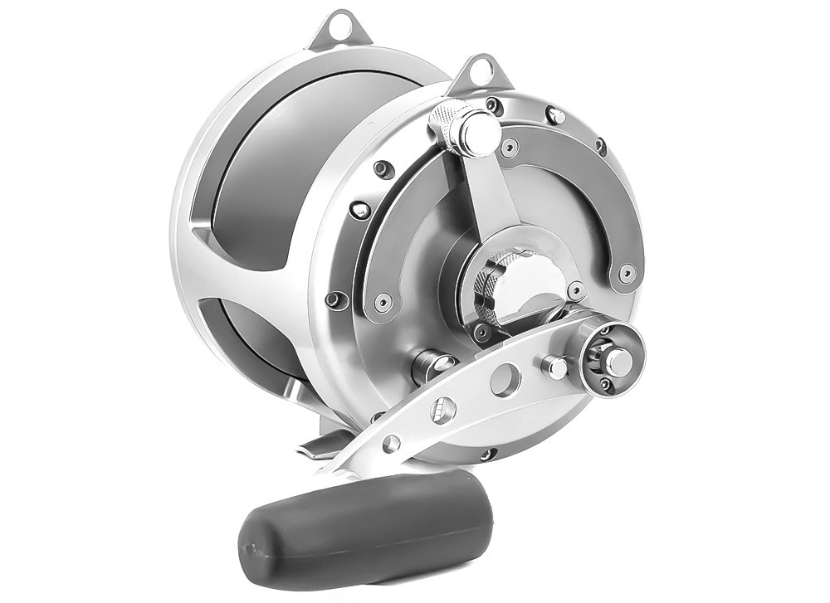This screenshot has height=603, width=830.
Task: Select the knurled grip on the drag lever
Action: (x=445, y=124)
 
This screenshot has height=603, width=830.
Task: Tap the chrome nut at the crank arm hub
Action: (x=616, y=359)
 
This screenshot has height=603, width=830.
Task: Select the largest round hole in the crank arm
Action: (x=503, y=380)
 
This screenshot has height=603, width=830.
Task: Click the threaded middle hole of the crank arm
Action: (x=442, y=411)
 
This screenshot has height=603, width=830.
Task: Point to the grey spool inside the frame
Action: (x=266, y=166)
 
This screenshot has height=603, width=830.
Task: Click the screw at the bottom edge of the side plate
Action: (x=489, y=455)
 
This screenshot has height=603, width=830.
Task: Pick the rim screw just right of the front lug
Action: (x=556, y=116)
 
